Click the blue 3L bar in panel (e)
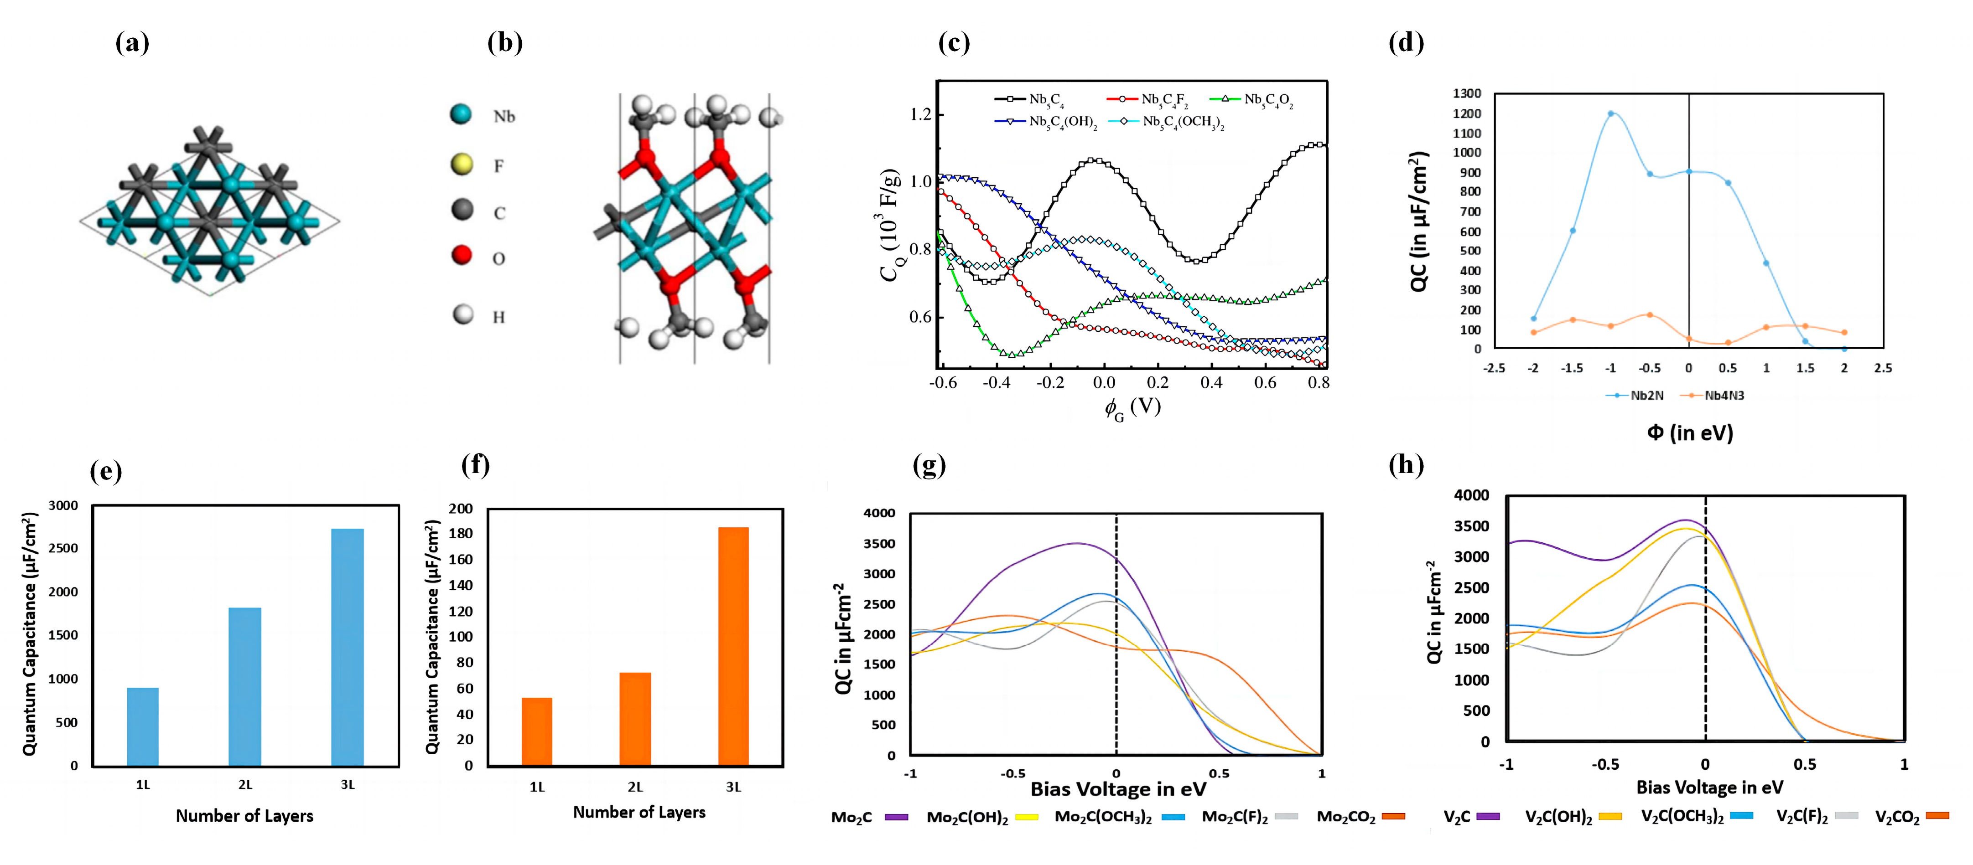coord(347,647)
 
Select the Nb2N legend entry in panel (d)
coord(1636,395)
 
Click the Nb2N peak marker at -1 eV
coord(1611,113)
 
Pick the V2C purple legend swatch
coord(1487,816)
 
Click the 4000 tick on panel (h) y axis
coord(1471,495)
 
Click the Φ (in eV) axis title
coord(1690,433)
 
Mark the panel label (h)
coord(1406,465)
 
